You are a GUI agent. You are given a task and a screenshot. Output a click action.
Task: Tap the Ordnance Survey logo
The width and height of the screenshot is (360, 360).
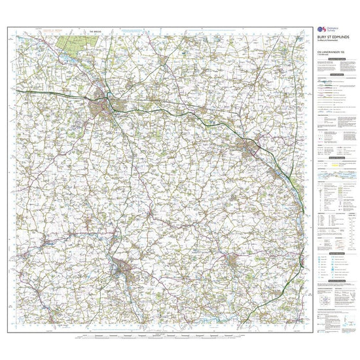coord(321,29)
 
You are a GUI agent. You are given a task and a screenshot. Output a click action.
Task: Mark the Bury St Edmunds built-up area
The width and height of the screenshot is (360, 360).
coord(104,101)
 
